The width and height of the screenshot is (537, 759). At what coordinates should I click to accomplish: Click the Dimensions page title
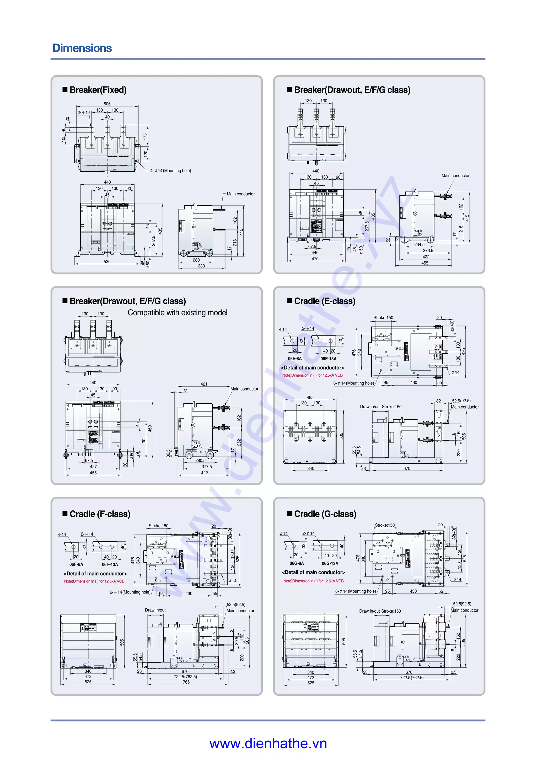pyautogui.click(x=82, y=48)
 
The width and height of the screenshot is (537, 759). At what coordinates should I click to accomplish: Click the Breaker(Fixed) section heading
pyautogui.click(x=98, y=90)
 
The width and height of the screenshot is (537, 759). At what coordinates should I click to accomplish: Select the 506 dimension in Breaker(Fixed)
pyautogui.click(x=107, y=104)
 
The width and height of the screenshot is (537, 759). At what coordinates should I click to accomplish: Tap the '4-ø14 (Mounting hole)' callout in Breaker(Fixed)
pyautogui.click(x=170, y=170)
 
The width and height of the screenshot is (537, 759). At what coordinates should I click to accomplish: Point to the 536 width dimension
pyautogui.click(x=107, y=261)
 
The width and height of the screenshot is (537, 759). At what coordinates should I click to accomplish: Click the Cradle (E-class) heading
pyautogui.click(x=325, y=301)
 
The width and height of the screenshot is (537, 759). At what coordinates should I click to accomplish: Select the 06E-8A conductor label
pyautogui.click(x=294, y=359)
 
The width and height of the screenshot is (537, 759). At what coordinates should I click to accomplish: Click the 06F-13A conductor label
pyautogui.click(x=110, y=564)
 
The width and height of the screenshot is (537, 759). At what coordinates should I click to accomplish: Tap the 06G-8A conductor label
pyautogui.click(x=297, y=563)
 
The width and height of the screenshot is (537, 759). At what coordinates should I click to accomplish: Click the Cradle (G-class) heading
pyautogui.click(x=325, y=514)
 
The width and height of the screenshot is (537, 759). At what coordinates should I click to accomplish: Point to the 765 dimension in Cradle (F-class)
pyautogui.click(x=186, y=682)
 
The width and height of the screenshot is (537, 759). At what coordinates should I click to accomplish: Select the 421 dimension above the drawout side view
pyautogui.click(x=204, y=384)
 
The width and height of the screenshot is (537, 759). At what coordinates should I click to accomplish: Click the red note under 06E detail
pyautogui.click(x=312, y=375)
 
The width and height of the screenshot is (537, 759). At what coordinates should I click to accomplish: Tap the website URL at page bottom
pyautogui.click(x=268, y=744)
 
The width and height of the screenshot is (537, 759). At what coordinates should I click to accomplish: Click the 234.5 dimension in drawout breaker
pyautogui.click(x=419, y=245)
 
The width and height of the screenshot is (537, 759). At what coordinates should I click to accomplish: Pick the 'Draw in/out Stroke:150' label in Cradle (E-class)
pyautogui.click(x=380, y=406)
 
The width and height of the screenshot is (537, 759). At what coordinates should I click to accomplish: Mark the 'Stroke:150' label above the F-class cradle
pyautogui.click(x=158, y=526)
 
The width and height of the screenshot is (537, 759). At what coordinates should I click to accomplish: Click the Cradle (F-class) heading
pyautogui.click(x=100, y=514)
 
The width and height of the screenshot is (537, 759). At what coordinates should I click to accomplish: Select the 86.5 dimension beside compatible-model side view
pyautogui.click(x=168, y=453)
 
